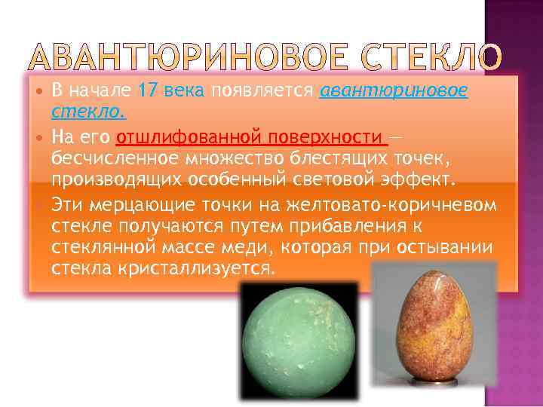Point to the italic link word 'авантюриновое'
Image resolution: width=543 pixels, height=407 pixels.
point(393,92)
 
